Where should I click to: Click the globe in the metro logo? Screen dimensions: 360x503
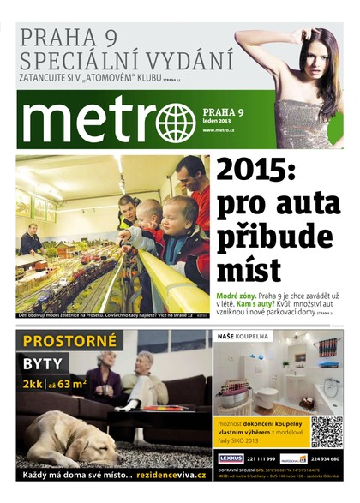point(176,123)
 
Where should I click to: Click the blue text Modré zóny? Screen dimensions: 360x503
point(232,295)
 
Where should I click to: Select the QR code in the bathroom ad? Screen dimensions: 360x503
point(326,432)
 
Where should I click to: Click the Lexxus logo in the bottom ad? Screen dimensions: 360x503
point(231,458)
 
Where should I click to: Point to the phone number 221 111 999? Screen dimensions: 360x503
point(263,458)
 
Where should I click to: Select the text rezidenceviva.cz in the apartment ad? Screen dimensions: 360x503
point(165,475)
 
